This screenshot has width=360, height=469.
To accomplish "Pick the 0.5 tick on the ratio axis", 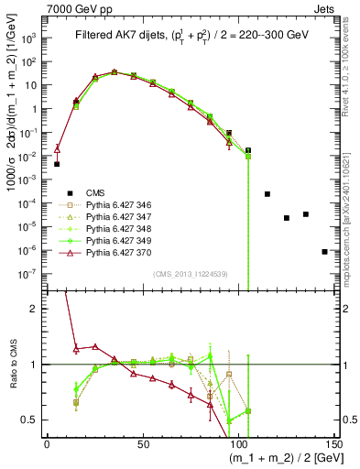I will click(30, 420).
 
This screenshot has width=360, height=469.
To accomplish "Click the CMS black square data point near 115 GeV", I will click(267, 194).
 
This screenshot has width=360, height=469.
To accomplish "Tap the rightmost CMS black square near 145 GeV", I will click(325, 251).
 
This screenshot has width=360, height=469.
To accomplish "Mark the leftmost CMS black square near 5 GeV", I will click(57, 164).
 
